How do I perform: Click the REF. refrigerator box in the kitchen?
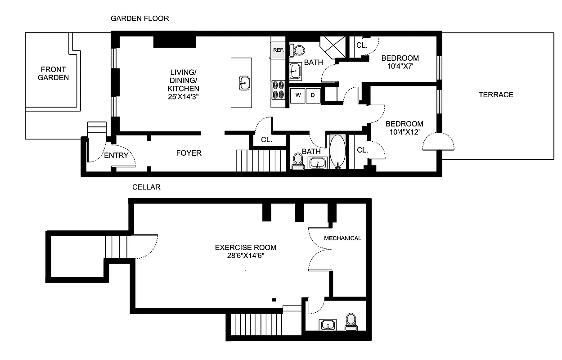tap(278, 50)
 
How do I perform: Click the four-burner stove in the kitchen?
tap(278, 90)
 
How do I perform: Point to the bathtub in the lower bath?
tap(337, 151)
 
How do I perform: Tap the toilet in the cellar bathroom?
tap(351, 321)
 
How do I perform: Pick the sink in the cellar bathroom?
tap(328, 324)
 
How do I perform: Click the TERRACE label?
tap(496, 94)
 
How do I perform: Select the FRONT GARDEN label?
tap(53, 73)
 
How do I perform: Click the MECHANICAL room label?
tap(342, 238)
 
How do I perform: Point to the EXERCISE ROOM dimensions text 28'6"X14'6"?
tap(246, 256)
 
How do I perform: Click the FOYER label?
tap(189, 153)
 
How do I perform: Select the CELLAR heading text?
tap(146, 187)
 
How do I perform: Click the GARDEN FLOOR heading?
tap(140, 18)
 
